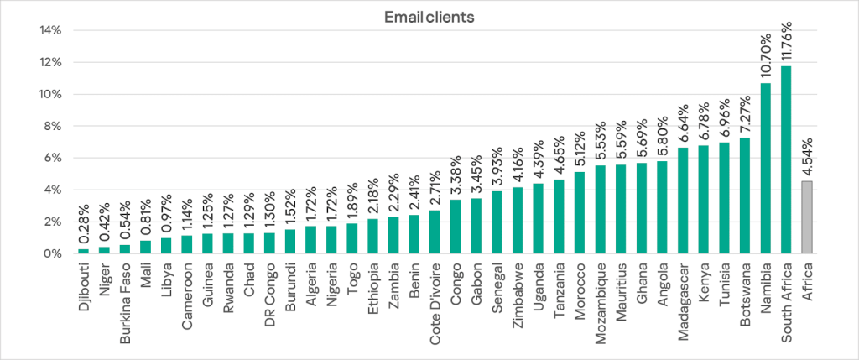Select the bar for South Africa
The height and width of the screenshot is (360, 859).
tap(786, 159)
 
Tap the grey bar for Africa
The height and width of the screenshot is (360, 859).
tap(807, 217)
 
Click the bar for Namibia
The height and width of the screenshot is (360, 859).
tap(766, 168)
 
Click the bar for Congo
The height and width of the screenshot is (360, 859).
tap(456, 227)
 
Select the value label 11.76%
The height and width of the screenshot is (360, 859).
tap(787, 39)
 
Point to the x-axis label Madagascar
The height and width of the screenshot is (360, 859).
tap(683, 299)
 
